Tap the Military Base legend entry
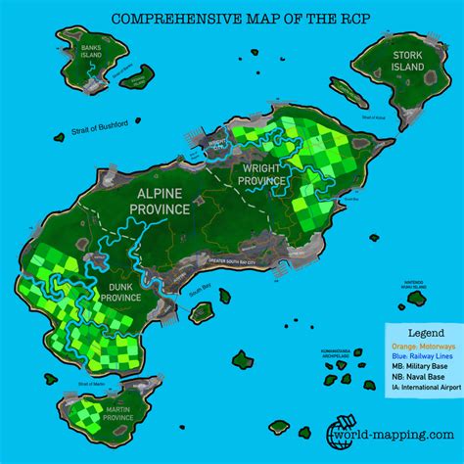[419, 370]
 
